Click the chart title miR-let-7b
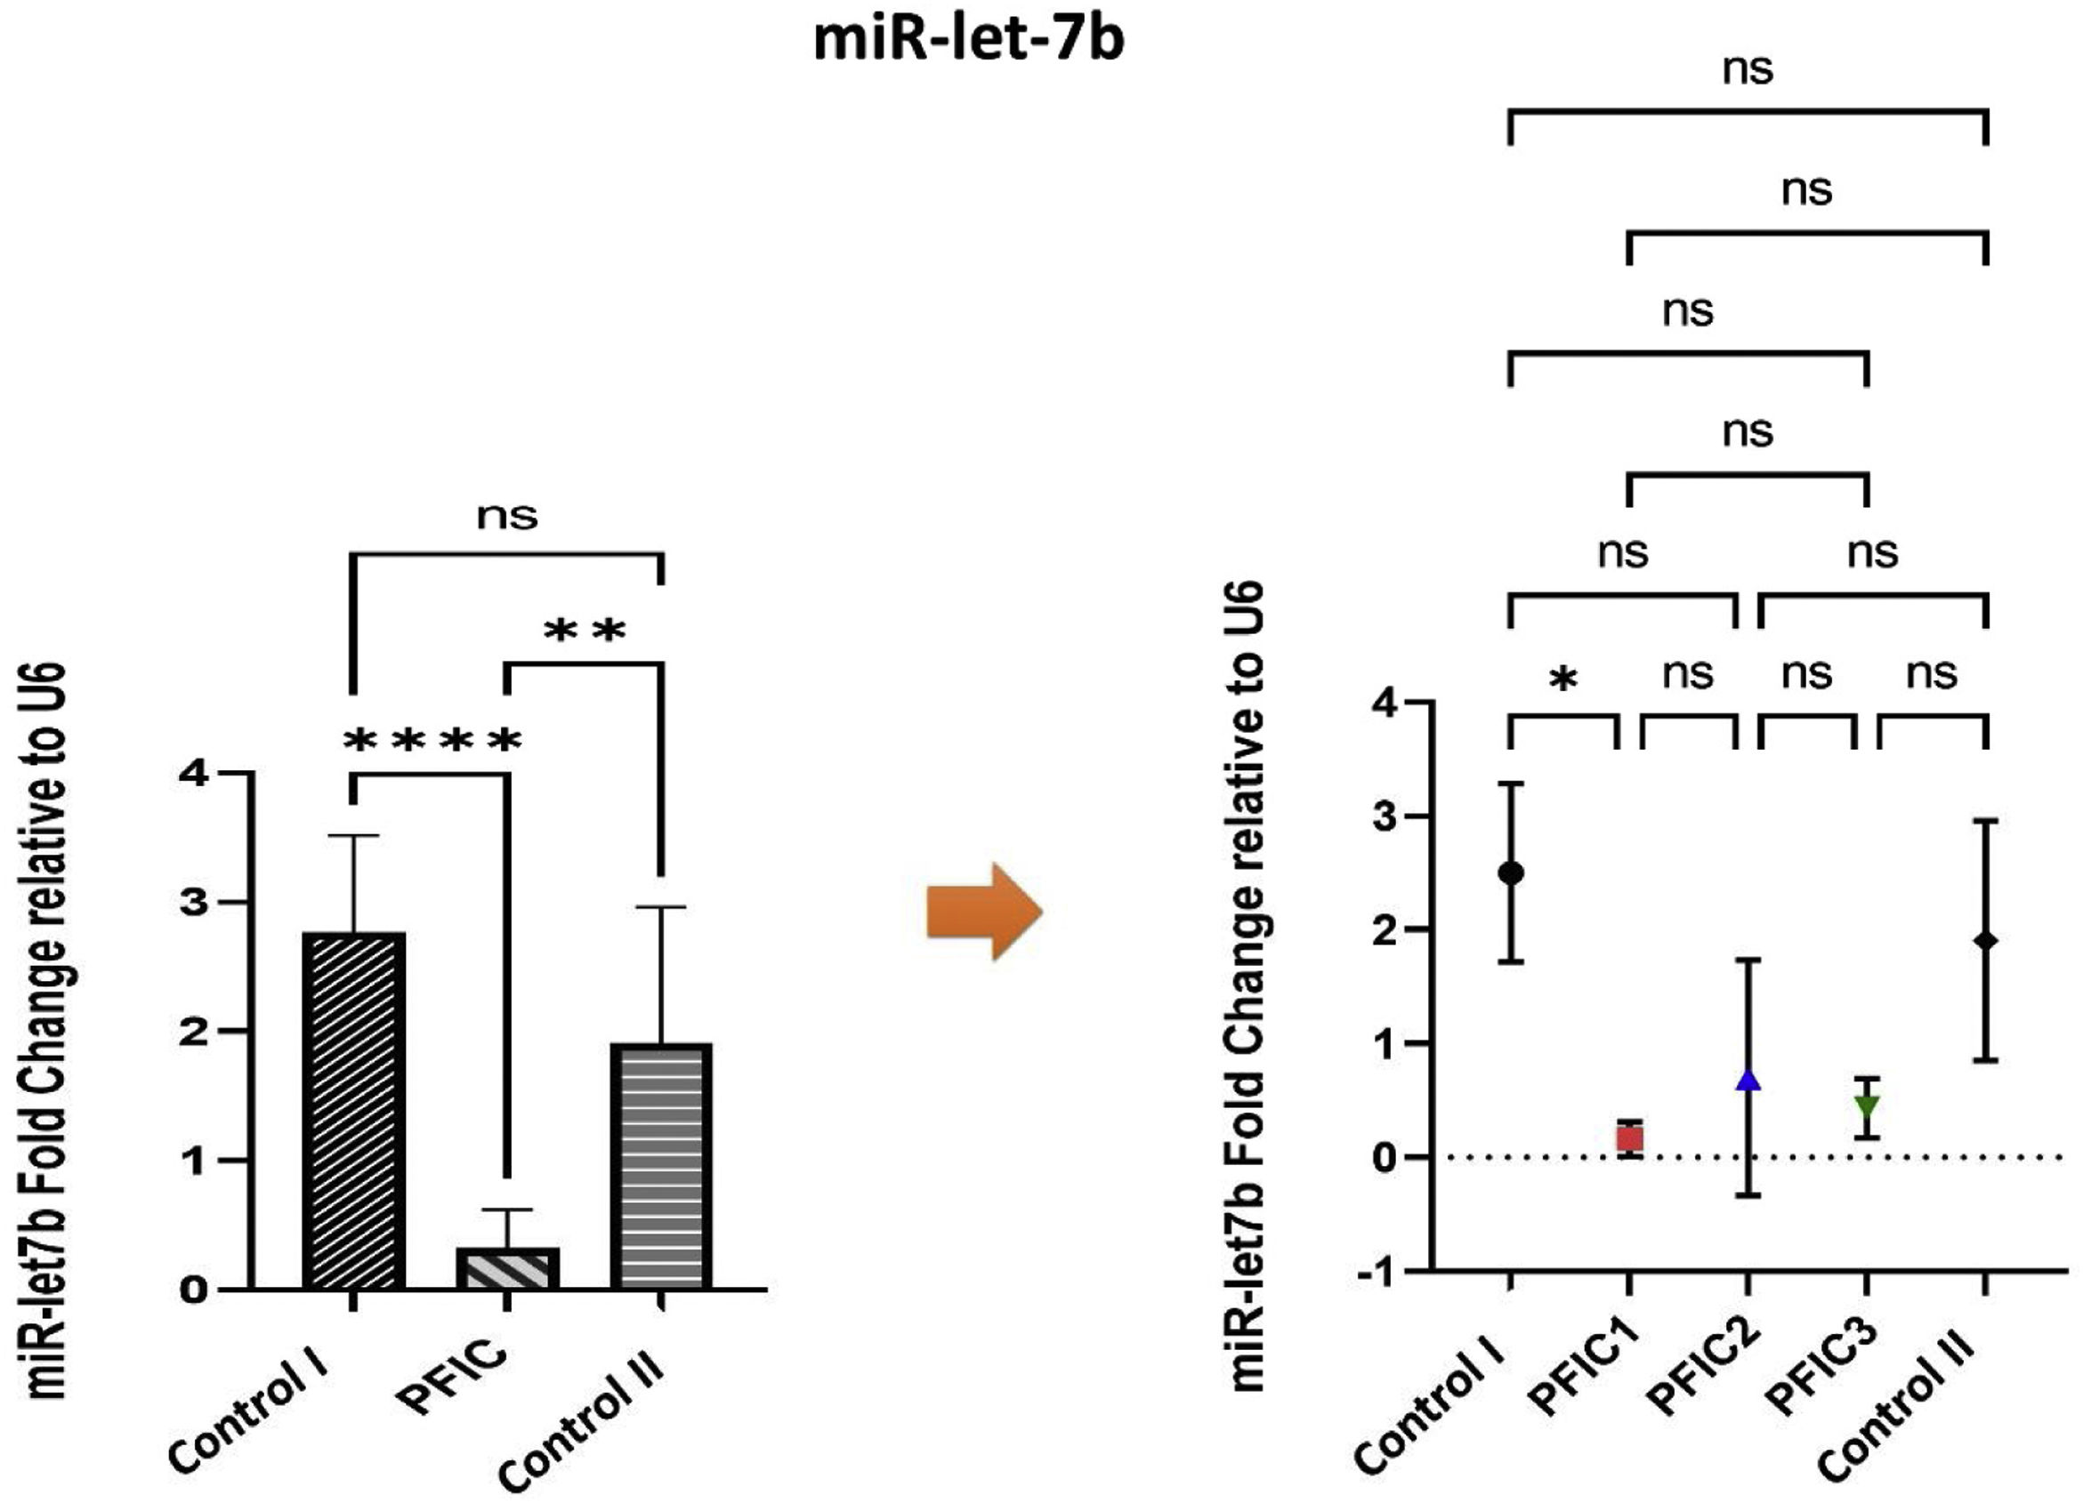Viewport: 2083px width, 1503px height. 969,41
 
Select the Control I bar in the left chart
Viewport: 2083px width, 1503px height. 353,1111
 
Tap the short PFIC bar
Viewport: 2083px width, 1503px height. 509,1268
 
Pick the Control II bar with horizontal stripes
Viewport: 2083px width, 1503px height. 661,1166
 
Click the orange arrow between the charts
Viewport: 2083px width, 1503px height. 983,912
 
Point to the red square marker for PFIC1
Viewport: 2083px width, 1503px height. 1629,1139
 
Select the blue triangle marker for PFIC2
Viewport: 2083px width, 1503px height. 1748,1081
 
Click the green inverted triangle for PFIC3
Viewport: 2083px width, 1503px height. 1866,1105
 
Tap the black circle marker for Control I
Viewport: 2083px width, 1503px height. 1511,872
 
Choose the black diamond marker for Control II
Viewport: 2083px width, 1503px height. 1986,940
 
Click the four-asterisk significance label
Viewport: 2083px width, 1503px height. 432,740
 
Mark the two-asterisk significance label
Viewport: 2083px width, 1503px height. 585,631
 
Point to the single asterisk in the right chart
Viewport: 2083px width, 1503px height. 1563,680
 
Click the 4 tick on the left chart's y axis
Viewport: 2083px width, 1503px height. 194,774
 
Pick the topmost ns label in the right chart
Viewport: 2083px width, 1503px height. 1747,69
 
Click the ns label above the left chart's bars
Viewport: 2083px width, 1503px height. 507,516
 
